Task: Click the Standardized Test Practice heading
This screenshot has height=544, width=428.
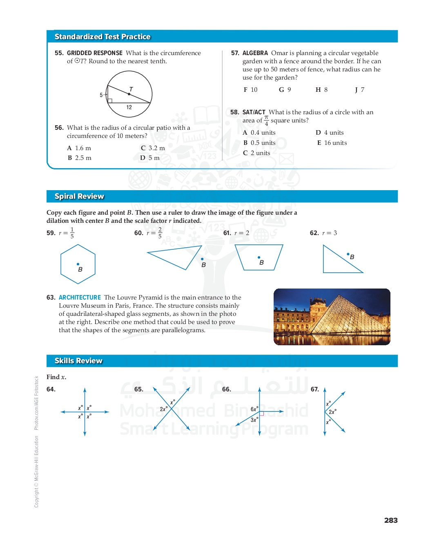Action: point(103,37)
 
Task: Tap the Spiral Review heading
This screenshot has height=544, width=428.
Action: point(79,196)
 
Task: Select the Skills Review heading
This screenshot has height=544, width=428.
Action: point(78,361)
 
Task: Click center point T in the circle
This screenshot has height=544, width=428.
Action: point(129,94)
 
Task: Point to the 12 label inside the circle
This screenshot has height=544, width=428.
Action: point(129,107)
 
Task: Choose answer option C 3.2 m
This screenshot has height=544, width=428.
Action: point(153,148)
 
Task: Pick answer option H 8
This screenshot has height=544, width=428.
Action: point(322,90)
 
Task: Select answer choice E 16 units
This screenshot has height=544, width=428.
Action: point(332,143)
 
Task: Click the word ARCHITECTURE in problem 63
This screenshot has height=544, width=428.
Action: point(80,298)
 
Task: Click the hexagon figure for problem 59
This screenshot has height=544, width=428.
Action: point(78,264)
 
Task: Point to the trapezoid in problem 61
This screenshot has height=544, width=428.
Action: point(259,258)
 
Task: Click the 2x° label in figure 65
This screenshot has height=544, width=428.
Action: point(163,409)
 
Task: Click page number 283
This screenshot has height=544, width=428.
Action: point(391,520)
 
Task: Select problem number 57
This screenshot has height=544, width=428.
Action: point(235,53)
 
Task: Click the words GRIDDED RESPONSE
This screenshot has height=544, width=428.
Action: point(95,53)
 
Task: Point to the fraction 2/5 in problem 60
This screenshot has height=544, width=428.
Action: point(160,233)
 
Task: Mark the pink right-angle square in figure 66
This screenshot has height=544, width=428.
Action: point(262,413)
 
